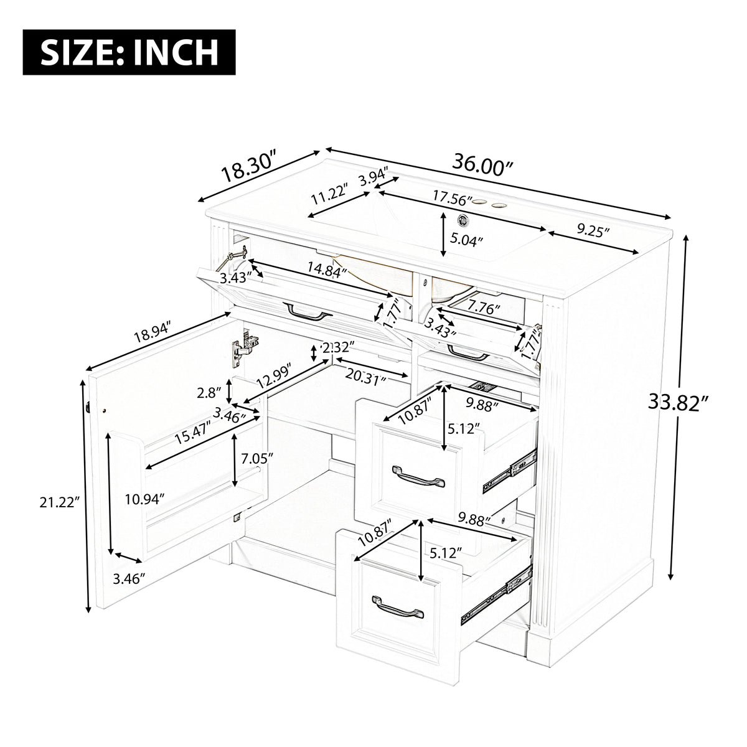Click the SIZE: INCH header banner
[x=129, y=52]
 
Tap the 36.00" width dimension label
[x=482, y=165]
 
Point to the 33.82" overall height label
[x=679, y=402]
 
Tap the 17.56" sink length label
[x=452, y=198]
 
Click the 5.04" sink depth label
[x=467, y=238]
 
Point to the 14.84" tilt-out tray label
[x=327, y=269]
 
